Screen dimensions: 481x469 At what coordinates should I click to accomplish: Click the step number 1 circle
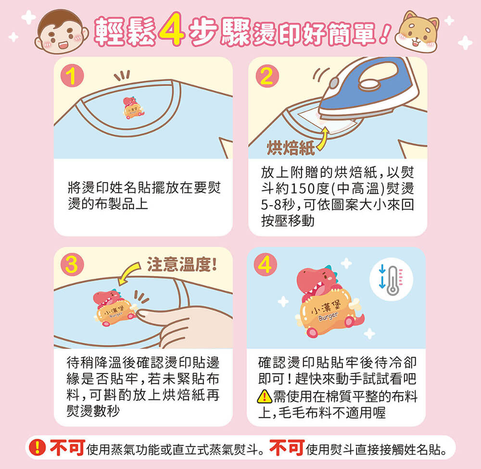pos(72,76)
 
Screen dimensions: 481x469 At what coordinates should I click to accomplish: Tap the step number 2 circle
pos(267,76)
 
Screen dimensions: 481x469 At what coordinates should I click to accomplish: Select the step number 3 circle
pos(72,265)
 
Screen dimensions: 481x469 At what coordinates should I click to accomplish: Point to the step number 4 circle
pos(266,265)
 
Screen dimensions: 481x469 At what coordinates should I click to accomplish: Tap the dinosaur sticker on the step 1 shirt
pos(133,107)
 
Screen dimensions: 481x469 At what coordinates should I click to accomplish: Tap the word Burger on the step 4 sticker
pos(328,316)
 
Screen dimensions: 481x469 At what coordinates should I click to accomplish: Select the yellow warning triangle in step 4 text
pos(264,396)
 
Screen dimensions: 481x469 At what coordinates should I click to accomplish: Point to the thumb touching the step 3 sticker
pos(153,316)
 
